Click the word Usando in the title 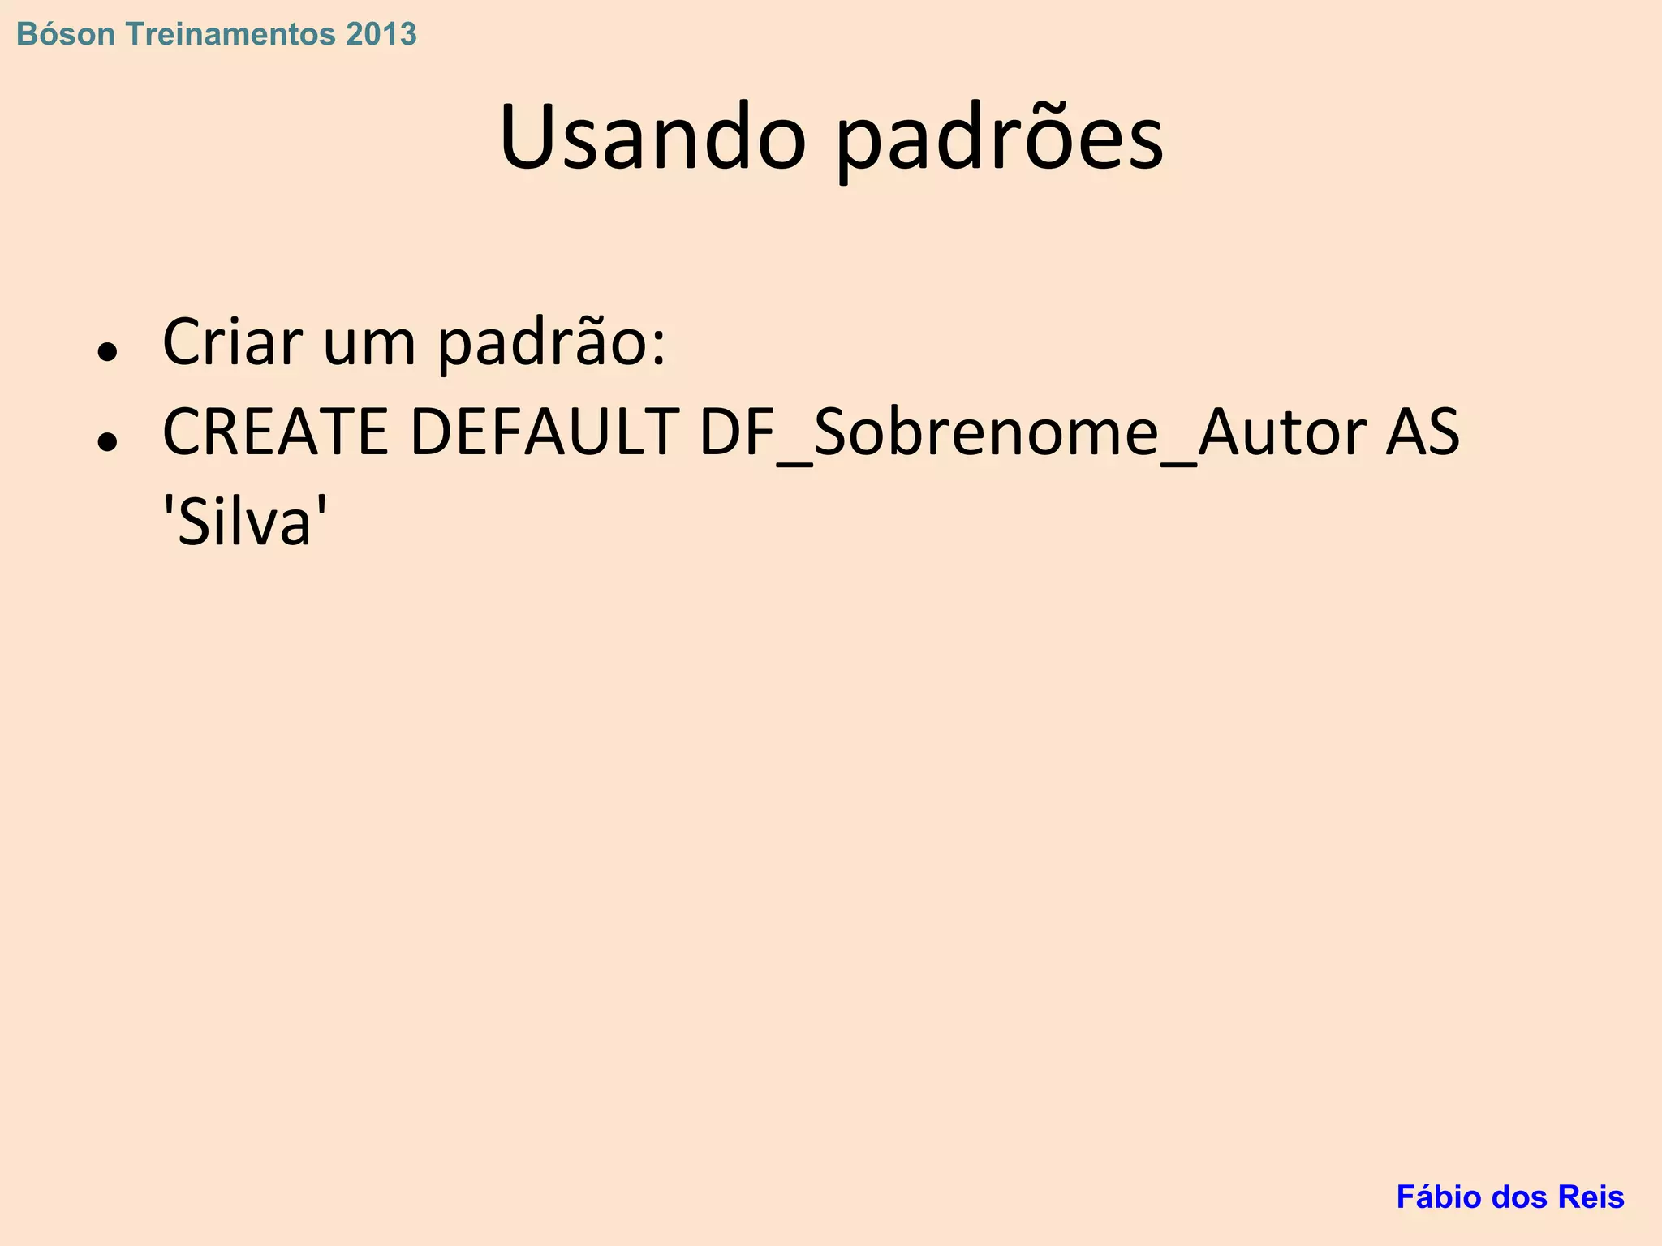[x=653, y=138]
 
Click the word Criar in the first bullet [x=232, y=342]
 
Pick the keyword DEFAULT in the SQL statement [x=545, y=432]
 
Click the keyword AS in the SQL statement [x=1422, y=432]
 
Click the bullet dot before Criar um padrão [x=107, y=353]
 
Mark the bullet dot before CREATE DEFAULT [x=107, y=443]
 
